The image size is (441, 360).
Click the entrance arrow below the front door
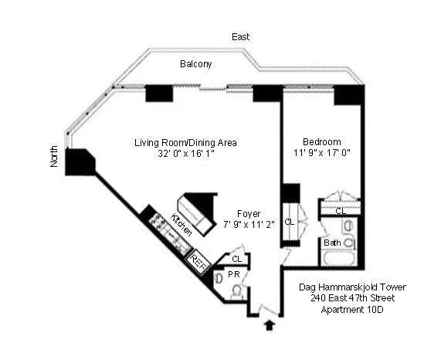270,325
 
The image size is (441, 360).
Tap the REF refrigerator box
198,263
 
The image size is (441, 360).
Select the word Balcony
195,64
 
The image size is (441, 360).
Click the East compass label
240,37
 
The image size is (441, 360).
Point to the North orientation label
54,157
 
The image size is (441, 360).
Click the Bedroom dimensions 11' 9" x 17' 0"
322,153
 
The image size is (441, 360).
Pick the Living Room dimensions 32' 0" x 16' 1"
186,154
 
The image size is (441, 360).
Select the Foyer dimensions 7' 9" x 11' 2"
249,225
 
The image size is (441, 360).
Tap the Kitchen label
182,225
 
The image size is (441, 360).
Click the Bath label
332,243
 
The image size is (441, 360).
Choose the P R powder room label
234,274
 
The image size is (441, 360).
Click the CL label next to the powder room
237,259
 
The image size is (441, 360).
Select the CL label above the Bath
341,211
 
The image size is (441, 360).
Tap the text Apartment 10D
352,310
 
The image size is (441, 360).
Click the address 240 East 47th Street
352,298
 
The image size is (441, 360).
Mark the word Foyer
249,214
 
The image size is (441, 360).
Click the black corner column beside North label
80,162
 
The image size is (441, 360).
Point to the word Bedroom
322,141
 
